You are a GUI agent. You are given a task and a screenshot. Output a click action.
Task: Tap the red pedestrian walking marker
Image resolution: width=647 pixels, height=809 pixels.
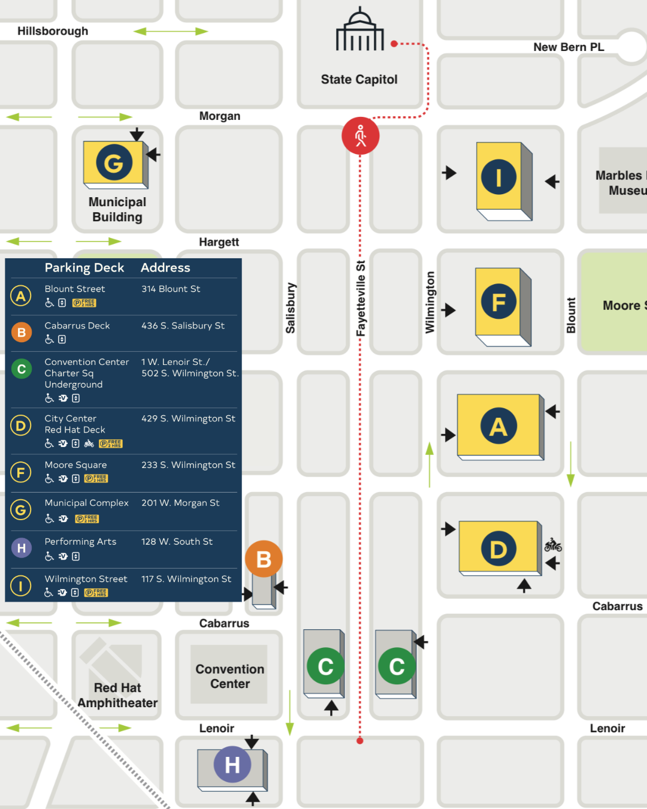[361, 136]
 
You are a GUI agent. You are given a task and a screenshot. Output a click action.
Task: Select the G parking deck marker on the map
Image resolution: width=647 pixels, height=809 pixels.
[114, 162]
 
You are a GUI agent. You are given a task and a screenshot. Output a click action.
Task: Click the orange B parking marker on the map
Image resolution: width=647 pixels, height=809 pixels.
[264, 559]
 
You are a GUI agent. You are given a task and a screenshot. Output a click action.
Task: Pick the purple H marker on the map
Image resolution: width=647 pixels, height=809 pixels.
[232, 765]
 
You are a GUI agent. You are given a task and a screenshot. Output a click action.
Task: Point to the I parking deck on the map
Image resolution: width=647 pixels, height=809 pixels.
[498, 177]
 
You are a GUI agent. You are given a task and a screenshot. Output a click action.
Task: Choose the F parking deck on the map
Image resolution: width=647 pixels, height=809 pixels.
[498, 302]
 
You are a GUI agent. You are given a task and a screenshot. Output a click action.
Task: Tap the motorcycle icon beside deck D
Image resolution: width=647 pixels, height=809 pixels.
[553, 545]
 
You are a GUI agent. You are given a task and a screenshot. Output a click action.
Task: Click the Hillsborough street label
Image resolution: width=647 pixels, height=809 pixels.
[53, 31]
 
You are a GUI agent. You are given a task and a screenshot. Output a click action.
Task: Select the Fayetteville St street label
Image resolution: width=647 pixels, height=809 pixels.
[361, 298]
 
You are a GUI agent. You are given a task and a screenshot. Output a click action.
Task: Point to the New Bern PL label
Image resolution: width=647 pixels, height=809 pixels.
[569, 47]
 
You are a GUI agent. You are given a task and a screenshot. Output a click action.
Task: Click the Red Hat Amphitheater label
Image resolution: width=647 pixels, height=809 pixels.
[117, 695]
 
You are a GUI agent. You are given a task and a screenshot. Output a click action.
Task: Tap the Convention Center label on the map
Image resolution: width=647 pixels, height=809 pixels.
[230, 676]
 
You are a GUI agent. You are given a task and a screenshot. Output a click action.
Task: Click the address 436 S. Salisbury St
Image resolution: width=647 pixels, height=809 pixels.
[183, 325]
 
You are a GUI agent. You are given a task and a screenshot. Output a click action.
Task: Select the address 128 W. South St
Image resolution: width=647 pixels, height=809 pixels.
[177, 542]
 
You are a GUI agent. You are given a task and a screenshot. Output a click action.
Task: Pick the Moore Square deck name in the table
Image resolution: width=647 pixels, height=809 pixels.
[75, 465]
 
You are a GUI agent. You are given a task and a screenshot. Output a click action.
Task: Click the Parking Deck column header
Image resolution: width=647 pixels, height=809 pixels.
[84, 268]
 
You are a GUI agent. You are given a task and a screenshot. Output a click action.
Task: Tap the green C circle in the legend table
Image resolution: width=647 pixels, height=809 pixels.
[22, 369]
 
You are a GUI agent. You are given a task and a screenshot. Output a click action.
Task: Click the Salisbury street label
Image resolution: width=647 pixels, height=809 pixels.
[291, 308]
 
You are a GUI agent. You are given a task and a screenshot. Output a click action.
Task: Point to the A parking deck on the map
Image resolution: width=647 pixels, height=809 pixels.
[498, 426]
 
